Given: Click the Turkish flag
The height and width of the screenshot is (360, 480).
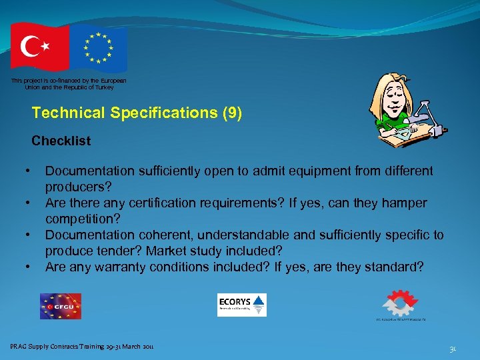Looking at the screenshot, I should (39, 47).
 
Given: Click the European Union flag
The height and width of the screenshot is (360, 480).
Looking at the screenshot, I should (99, 48).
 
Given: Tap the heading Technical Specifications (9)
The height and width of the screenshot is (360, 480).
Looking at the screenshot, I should (137, 113).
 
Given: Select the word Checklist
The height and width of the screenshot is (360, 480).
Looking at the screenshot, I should (61, 141).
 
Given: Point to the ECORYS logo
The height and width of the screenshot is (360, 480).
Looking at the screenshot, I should (241, 305).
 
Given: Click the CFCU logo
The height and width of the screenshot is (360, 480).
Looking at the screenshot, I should (60, 306).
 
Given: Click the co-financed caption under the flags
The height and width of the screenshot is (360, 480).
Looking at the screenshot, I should (68, 84).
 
